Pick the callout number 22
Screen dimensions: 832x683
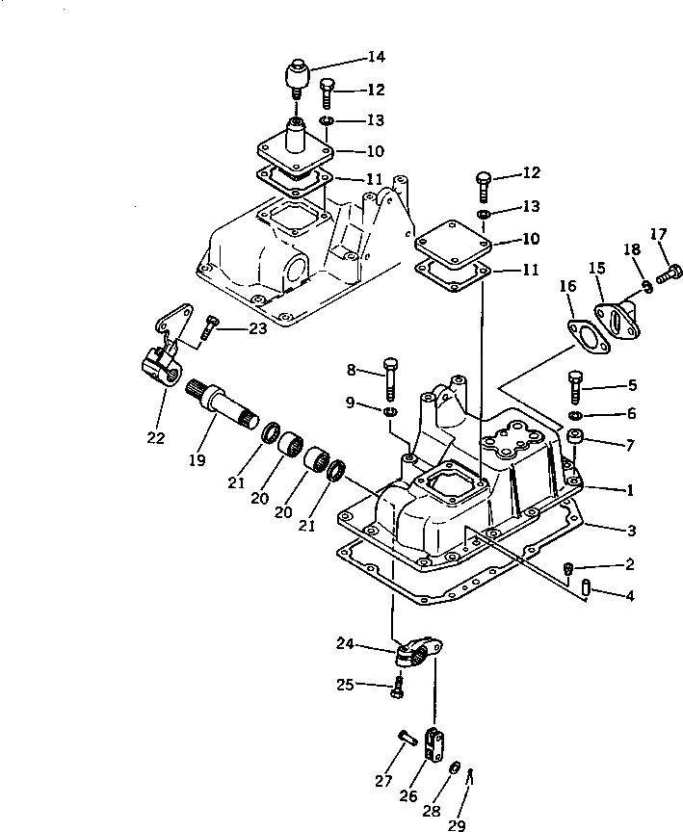coord(156,438)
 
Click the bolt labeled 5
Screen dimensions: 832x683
coord(575,386)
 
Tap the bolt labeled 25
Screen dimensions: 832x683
coord(396,687)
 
